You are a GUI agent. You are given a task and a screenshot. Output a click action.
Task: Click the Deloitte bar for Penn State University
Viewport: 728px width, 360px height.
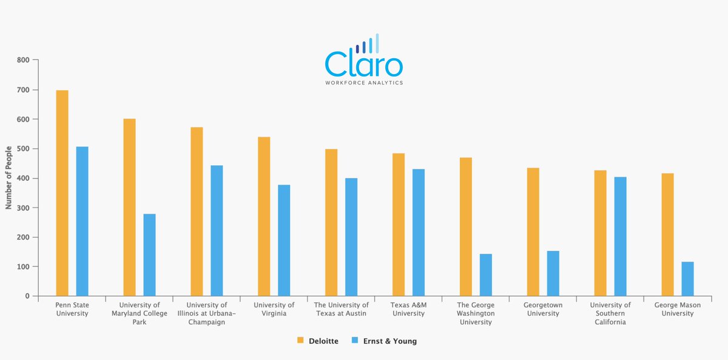(x=62, y=193)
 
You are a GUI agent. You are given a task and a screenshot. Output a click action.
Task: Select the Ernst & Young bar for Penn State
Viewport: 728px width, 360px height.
(x=83, y=222)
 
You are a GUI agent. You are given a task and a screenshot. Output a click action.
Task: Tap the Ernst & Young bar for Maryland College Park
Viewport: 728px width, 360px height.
(x=149, y=255)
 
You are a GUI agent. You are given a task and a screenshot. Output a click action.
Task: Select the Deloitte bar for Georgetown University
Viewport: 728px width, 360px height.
(x=533, y=232)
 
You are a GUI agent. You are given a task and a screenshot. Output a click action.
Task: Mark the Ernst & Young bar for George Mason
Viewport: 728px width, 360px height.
(x=687, y=279)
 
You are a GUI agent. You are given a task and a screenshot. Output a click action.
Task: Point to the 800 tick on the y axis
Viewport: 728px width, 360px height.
(x=23, y=60)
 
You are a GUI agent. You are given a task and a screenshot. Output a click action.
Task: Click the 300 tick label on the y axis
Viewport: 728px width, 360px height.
(x=23, y=208)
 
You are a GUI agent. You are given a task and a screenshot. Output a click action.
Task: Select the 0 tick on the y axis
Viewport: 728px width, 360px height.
(x=27, y=296)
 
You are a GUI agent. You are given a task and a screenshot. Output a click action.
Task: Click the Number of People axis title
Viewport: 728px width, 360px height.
(x=8, y=178)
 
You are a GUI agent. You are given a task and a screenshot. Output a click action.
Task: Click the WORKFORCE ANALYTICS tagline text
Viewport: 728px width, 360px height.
(x=364, y=83)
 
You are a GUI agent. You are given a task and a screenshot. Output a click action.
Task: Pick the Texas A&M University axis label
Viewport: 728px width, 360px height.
(x=408, y=310)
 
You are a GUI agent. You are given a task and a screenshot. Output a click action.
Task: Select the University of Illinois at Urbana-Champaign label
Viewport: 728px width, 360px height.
(x=207, y=314)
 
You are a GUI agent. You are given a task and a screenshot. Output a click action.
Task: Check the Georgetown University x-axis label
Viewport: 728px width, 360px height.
(x=542, y=310)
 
